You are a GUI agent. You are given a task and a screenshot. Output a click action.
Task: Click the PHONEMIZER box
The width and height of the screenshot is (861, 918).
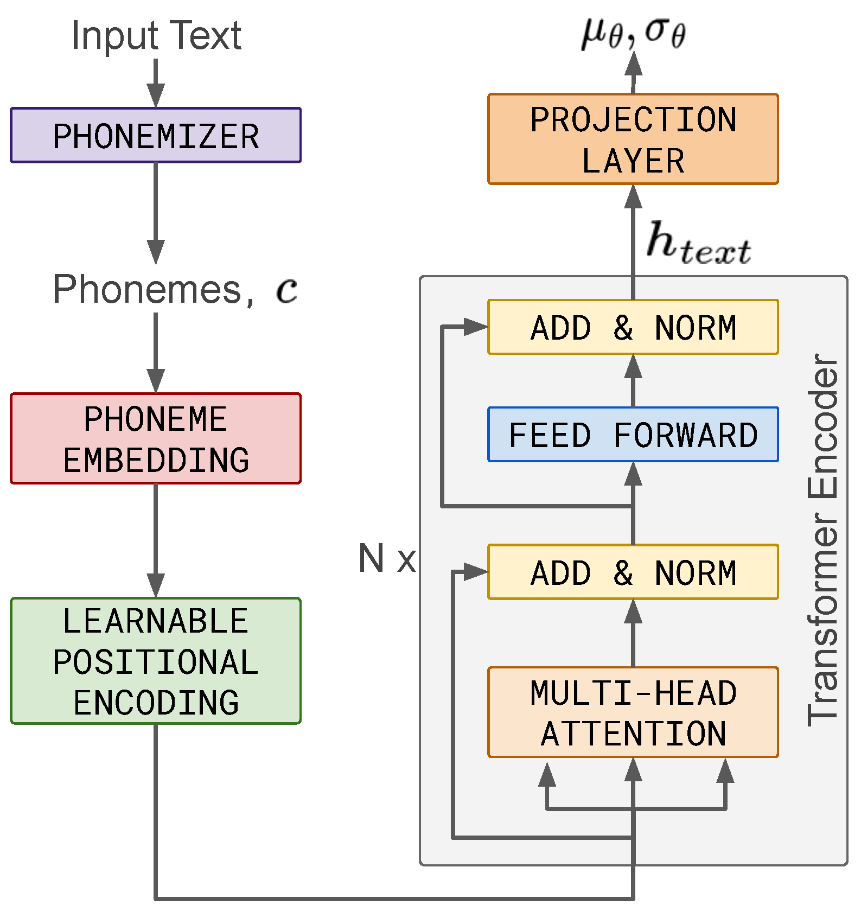[x=156, y=135]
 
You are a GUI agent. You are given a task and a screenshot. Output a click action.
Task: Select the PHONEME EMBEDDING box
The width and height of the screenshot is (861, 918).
[x=156, y=438]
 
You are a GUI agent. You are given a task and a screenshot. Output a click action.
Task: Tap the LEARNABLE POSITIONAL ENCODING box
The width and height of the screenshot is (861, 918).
[x=156, y=661]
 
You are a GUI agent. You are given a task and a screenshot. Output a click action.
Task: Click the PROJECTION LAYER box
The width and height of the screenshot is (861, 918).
[x=633, y=139]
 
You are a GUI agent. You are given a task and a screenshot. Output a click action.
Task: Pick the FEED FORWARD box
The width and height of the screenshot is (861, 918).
[x=633, y=434]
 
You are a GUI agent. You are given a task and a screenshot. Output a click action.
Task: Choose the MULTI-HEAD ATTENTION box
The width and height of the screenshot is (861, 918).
[x=633, y=712]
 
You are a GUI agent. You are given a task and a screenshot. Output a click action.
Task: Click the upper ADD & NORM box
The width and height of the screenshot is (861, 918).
[x=633, y=327]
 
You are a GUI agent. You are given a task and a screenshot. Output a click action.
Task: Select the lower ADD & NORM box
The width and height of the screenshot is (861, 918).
[x=633, y=572]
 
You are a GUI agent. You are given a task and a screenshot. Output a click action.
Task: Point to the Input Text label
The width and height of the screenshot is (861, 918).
[x=156, y=36]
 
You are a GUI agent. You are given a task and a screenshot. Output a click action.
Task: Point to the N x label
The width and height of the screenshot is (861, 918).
[x=387, y=558]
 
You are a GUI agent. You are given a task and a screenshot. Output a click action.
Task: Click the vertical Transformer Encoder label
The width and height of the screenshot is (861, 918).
[x=822, y=540]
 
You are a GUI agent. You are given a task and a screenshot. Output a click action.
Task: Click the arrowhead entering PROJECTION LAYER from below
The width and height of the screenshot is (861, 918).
[x=633, y=197]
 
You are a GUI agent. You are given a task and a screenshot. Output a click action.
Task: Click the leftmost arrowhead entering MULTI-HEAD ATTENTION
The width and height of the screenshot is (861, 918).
[x=547, y=775]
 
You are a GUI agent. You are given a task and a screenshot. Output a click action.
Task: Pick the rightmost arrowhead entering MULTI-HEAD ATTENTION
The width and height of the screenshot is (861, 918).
[x=725, y=772]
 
